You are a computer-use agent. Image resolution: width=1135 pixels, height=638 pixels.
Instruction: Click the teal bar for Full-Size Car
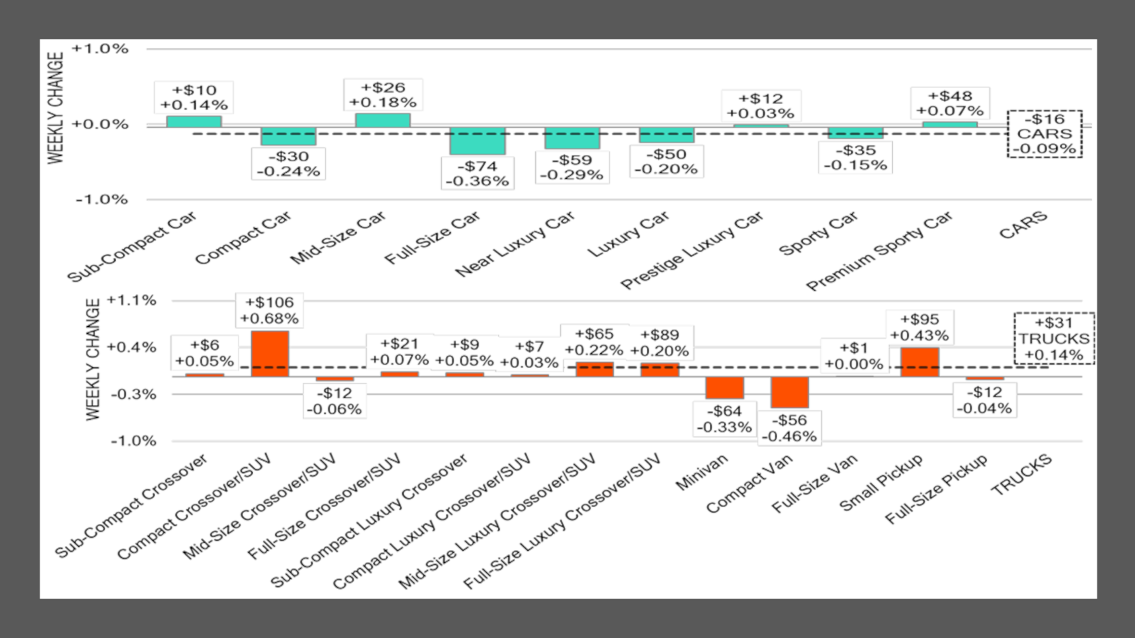[x=478, y=140]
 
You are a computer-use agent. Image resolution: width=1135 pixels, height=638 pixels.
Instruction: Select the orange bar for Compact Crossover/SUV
[x=270, y=353]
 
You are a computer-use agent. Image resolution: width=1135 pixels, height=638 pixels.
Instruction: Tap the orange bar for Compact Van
[x=790, y=392]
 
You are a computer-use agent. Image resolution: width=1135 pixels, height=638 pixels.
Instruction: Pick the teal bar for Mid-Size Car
[x=383, y=120]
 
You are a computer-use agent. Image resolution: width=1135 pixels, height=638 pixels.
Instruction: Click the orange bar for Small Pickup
[x=920, y=361]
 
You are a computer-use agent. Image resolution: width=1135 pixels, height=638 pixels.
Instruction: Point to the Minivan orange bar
[x=725, y=388]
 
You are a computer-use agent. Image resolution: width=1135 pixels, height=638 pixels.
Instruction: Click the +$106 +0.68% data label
[x=269, y=310]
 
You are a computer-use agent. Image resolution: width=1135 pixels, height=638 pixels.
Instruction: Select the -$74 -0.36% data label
[x=478, y=173]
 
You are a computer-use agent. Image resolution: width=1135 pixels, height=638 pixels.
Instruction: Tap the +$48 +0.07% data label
[x=950, y=103]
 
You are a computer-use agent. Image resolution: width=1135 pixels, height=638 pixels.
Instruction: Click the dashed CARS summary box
[x=1045, y=134]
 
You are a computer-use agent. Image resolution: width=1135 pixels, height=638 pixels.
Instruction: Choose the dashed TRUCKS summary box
[x=1054, y=338]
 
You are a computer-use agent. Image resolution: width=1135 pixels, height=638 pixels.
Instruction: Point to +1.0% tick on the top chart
[x=100, y=49]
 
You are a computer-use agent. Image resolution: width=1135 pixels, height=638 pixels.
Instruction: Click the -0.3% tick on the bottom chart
[x=133, y=394]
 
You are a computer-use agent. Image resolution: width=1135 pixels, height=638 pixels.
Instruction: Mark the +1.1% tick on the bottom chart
[x=132, y=300]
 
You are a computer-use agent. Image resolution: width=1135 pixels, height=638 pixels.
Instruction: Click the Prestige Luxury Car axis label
[x=692, y=250]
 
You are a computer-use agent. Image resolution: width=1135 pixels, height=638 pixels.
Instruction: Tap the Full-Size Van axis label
[x=815, y=484]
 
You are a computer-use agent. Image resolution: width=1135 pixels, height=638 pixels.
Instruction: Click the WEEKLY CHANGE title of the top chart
[x=56, y=107]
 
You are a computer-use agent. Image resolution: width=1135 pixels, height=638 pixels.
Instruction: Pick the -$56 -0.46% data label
[x=789, y=428]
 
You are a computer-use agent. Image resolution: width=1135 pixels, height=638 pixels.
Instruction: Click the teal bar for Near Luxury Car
[x=572, y=138]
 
